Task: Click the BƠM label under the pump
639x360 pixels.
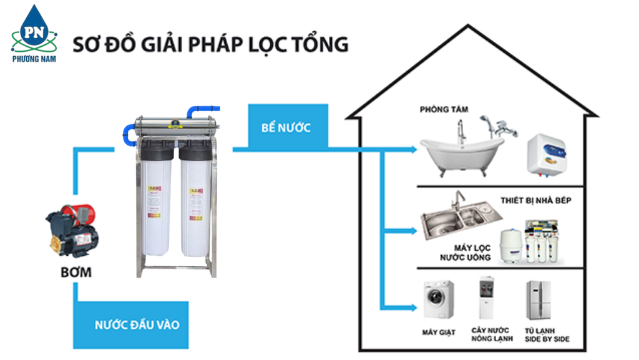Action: point(76,272)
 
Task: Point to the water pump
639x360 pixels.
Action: point(72,231)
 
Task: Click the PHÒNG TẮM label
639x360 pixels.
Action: point(444,110)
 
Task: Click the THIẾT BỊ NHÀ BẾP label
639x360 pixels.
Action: point(535,200)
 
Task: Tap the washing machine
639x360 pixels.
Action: point(439,300)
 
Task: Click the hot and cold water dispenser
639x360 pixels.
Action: point(487,298)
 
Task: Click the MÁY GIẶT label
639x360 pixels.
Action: point(438,333)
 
